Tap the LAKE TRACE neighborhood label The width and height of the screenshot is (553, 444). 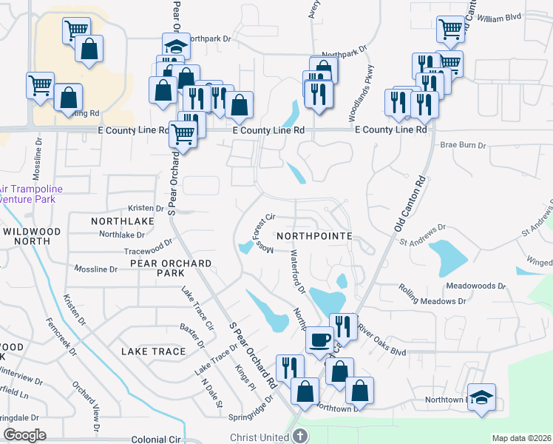click(153, 351)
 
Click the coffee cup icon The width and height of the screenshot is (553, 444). click(320, 339)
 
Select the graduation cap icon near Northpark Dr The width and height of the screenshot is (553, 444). click(175, 45)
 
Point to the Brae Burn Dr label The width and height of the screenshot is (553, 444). click(462, 146)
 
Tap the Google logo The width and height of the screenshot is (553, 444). click(25, 434)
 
